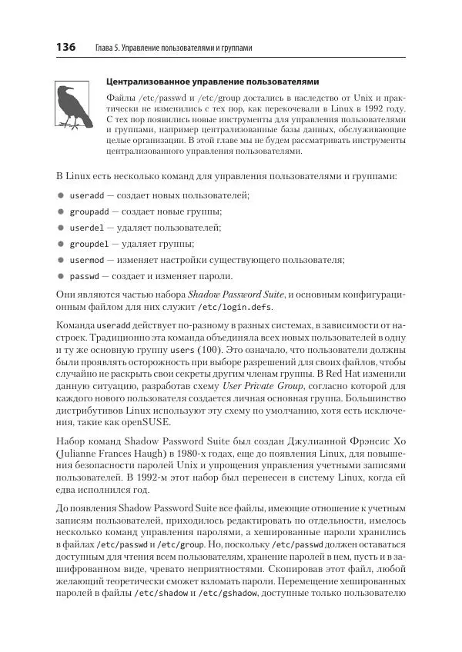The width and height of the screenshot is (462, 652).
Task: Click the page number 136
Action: tap(65, 48)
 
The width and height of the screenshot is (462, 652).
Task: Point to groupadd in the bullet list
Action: tap(89, 211)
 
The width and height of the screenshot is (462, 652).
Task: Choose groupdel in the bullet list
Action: tap(89, 244)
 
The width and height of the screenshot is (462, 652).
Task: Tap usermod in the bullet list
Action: tap(86, 260)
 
